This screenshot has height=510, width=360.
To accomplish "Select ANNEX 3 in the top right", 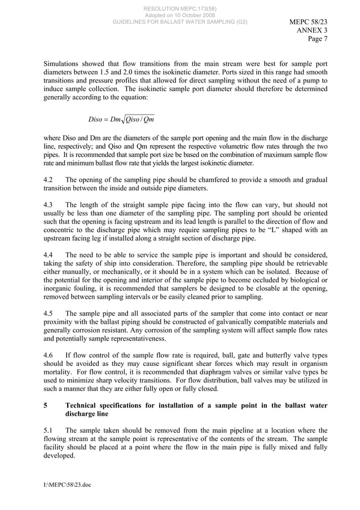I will (311, 30).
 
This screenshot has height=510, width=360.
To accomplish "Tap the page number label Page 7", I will (317, 39).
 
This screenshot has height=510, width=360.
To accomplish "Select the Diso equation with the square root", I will (121, 119).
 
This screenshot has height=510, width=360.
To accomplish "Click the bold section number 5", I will (46, 406).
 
